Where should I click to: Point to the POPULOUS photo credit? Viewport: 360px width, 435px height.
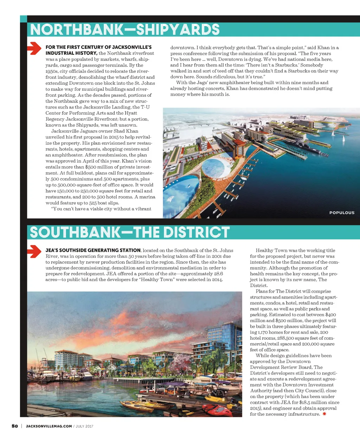point(342,212)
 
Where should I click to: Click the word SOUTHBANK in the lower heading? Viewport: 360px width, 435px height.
point(75,232)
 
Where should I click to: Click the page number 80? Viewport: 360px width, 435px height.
point(15,426)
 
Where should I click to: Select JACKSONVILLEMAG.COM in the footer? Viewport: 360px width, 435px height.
point(49,426)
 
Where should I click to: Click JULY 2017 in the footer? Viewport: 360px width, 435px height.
point(84,426)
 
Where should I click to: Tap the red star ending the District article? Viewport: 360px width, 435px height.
point(324,414)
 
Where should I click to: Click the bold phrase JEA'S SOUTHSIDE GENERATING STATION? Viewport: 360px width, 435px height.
point(93,250)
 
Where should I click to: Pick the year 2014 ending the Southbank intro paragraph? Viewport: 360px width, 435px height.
point(217,280)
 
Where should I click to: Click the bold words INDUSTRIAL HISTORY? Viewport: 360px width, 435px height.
point(71,53)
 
